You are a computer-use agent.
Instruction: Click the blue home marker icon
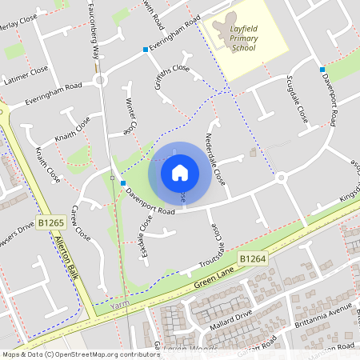180,173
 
